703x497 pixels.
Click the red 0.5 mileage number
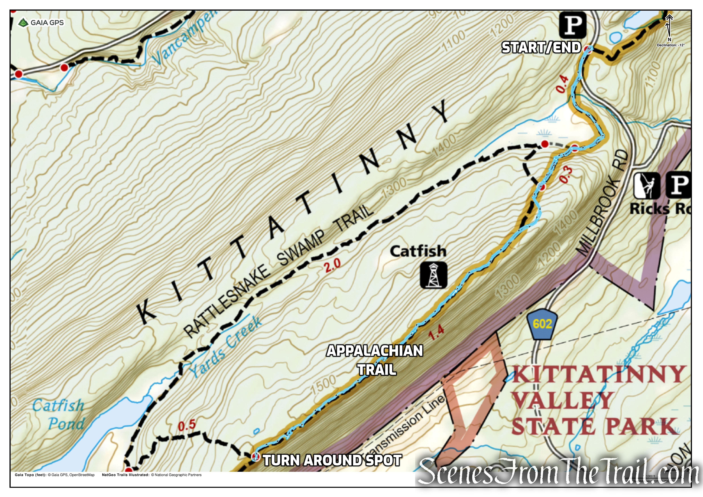pos(187,425)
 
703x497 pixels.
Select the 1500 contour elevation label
pos(323,385)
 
